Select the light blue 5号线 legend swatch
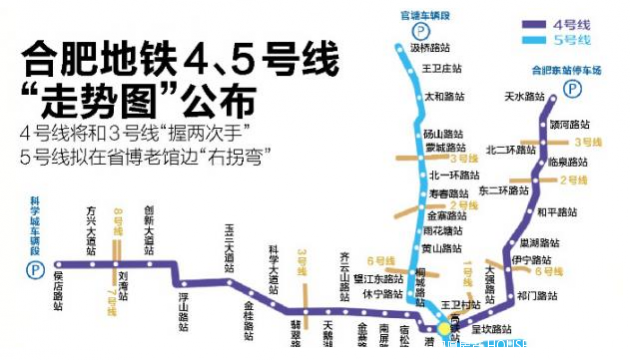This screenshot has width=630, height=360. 541,40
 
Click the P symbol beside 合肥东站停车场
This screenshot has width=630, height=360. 573,88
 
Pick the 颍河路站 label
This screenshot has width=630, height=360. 568,124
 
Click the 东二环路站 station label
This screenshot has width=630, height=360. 501,190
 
